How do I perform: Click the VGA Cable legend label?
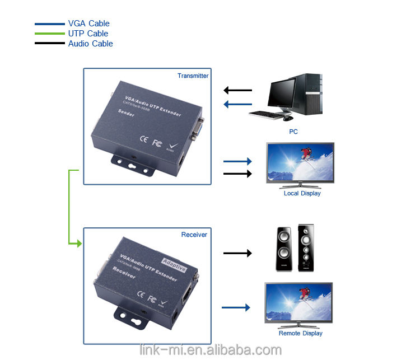pyautogui.click(x=88, y=24)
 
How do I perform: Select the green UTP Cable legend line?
pyautogui.click(x=49, y=34)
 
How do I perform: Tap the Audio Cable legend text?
pyautogui.click(x=90, y=44)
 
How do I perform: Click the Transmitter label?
pyautogui.click(x=193, y=76)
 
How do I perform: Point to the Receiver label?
pyautogui.click(x=194, y=235)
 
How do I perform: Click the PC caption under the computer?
pyautogui.click(x=293, y=132)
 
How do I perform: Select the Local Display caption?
pyautogui.click(x=302, y=193)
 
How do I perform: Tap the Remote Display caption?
pyautogui.click(x=300, y=333)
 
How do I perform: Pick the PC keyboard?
pyautogui.click(x=268, y=115)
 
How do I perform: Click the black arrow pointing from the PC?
pyautogui.click(x=237, y=90)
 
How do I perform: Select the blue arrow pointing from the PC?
pyautogui.click(x=237, y=104)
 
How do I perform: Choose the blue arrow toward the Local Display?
pyautogui.click(x=237, y=161)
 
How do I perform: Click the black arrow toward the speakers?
pyautogui.click(x=237, y=253)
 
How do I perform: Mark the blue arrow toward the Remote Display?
pyautogui.click(x=236, y=307)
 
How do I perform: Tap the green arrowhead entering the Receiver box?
pyautogui.click(x=78, y=244)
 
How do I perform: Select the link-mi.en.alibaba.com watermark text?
pyautogui.click(x=210, y=350)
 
